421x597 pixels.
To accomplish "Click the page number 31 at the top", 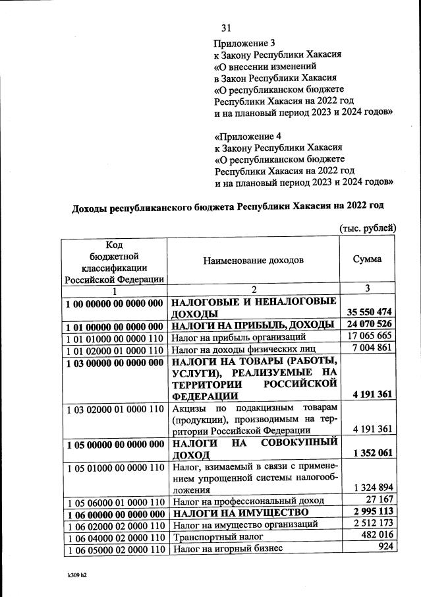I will (227, 28).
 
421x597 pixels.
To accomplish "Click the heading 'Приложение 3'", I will (242, 43).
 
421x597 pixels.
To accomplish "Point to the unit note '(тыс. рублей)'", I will (367, 228).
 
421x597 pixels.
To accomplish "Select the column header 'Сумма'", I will (368, 259).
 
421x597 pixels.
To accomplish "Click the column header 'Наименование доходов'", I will (254, 260).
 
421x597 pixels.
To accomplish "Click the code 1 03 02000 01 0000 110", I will (115, 409).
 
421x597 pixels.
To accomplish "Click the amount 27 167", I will (379, 501).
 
